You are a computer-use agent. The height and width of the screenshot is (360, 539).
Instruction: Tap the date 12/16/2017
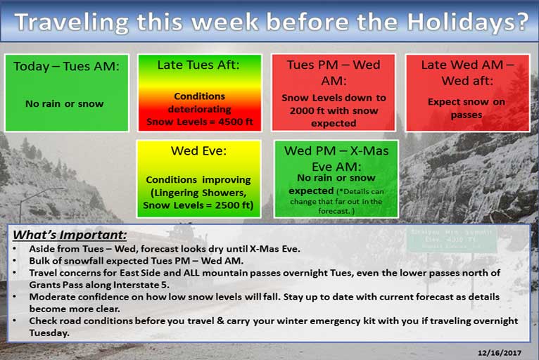click(499, 353)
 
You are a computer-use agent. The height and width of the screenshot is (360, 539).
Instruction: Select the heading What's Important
click(70, 235)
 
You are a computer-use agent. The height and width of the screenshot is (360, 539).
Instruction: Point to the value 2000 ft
click(306, 110)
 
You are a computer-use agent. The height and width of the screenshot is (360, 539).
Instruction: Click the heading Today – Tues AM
click(66, 66)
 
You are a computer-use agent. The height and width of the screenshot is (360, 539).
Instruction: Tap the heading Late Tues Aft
click(198, 65)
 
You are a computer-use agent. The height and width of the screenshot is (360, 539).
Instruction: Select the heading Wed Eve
click(198, 150)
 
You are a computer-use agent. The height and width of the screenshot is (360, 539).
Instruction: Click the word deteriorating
click(199, 109)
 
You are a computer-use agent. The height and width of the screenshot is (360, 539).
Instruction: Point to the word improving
click(227, 180)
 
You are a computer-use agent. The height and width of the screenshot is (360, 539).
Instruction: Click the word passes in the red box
click(467, 115)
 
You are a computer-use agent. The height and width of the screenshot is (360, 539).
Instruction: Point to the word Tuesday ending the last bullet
click(49, 333)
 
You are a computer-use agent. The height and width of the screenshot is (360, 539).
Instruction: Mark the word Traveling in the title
click(72, 22)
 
